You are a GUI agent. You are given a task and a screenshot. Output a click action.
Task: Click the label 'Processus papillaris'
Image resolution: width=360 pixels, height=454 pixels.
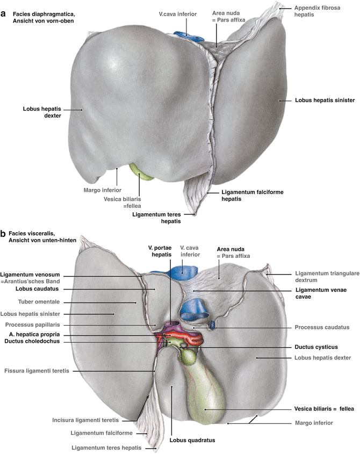click(x=32, y=325)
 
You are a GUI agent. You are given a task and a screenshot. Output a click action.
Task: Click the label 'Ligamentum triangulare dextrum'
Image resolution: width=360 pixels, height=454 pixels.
click(x=320, y=277)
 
